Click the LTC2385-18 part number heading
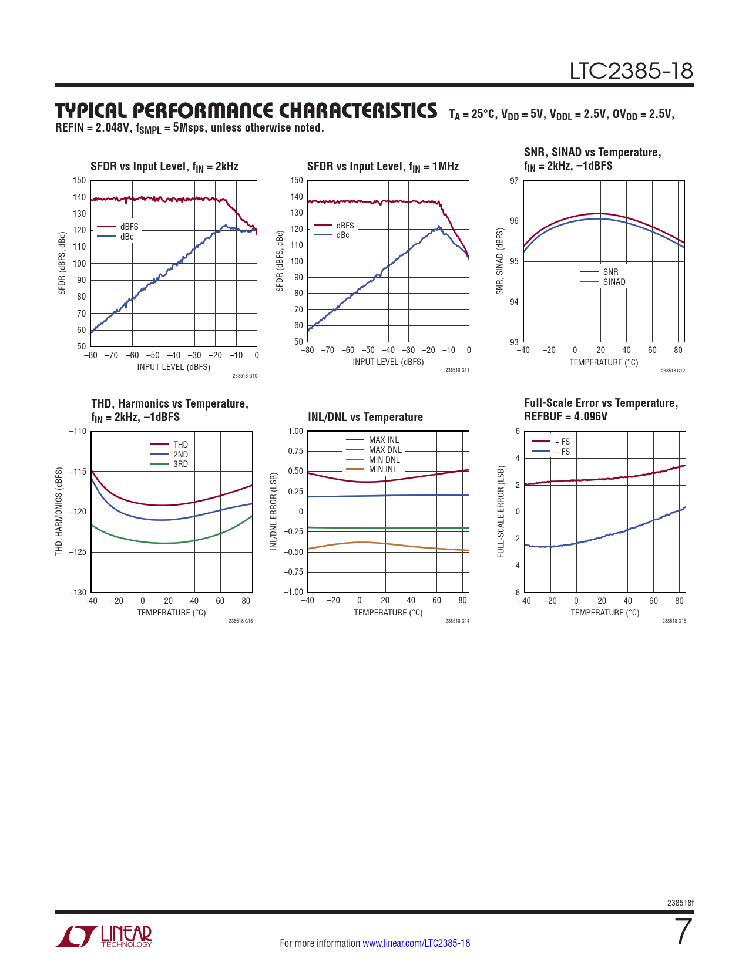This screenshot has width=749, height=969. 631,71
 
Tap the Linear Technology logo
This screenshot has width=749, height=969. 104,936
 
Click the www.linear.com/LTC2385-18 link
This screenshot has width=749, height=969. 416,943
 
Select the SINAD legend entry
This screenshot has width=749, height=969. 614,282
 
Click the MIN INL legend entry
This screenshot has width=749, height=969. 382,469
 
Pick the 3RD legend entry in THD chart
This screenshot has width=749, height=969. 180,464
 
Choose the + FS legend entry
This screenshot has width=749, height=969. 562,442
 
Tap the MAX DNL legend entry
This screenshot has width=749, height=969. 385,450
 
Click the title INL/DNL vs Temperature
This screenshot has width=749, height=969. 365,417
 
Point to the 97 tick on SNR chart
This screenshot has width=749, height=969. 514,181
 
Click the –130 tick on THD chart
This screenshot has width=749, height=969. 78,592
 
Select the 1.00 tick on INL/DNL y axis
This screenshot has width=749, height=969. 295,431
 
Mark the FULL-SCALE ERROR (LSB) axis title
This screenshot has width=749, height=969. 501,512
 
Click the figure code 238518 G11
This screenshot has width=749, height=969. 457,371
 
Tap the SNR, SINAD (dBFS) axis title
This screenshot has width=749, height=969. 500,261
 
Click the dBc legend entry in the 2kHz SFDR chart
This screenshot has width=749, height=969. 127,237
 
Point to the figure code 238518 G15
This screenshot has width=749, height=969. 673,621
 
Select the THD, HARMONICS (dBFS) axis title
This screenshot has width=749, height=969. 59,512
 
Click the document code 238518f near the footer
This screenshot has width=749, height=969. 680,903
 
